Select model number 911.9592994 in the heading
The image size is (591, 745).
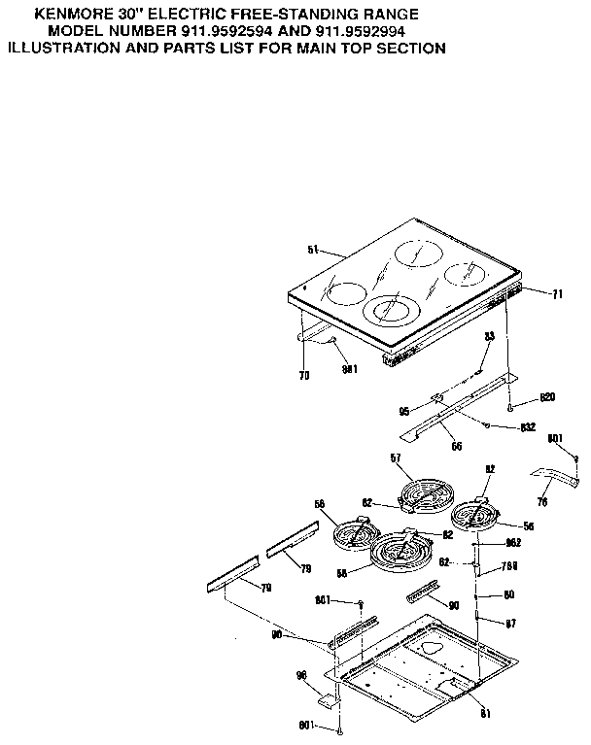(x=350, y=31)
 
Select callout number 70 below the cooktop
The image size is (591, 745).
(x=303, y=375)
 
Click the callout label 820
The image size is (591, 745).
(x=545, y=397)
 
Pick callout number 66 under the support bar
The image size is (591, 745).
(x=456, y=446)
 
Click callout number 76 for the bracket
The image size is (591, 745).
(x=542, y=501)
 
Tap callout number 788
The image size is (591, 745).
(x=508, y=566)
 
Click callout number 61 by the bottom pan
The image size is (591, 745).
(x=484, y=714)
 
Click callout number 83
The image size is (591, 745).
(x=490, y=336)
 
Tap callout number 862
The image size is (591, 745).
(x=514, y=544)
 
